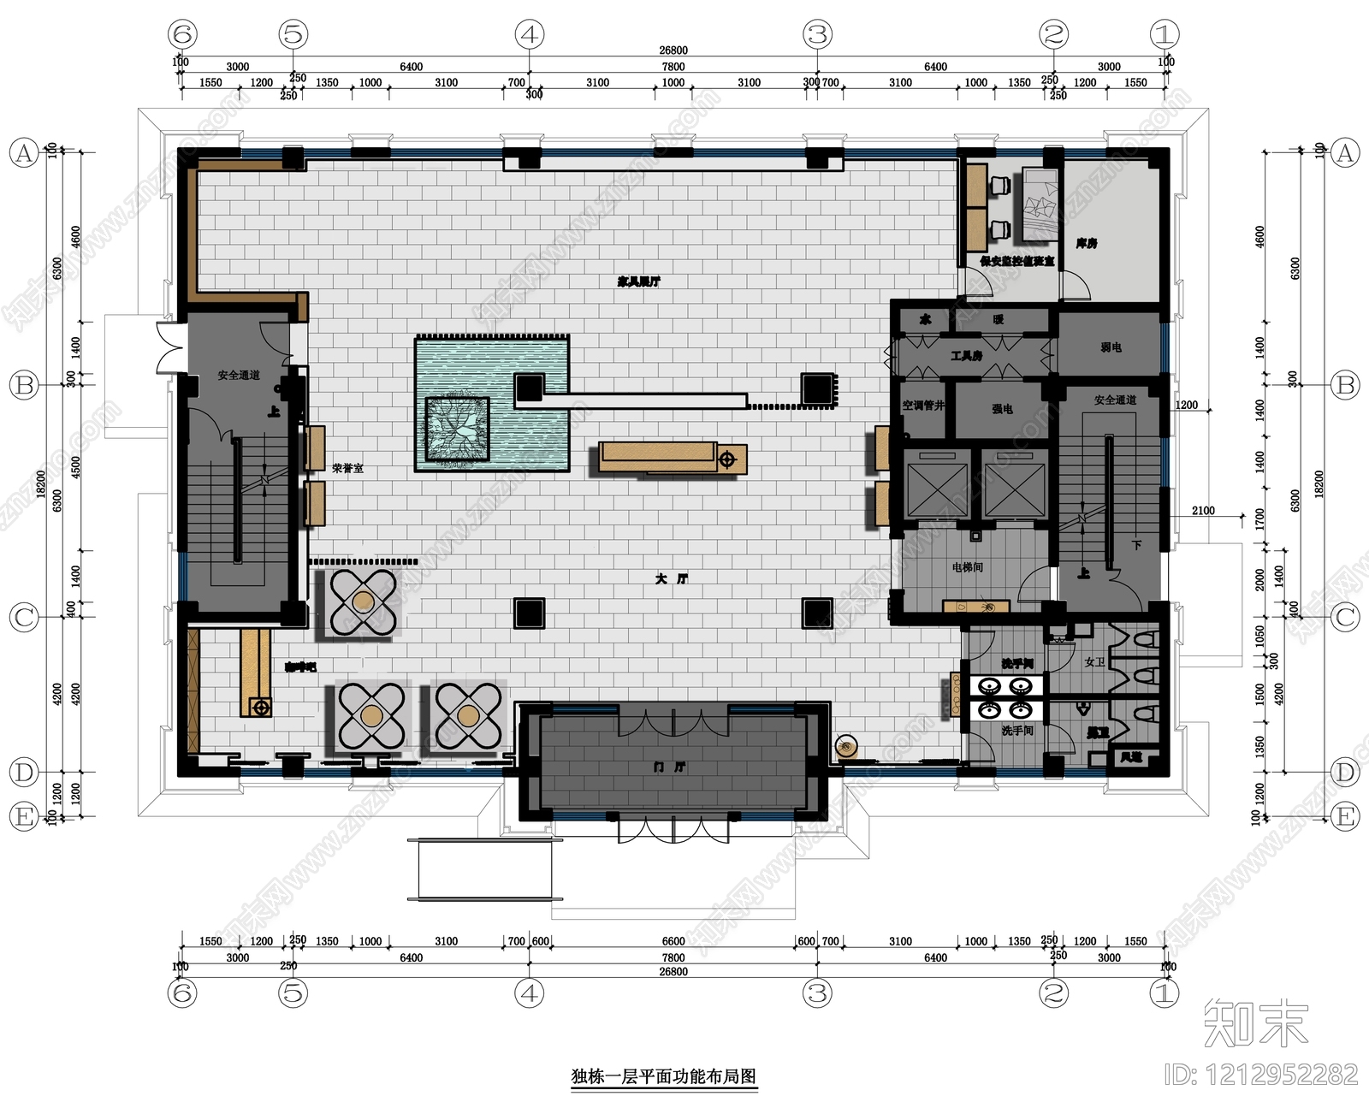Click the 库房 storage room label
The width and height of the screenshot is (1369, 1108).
(x=1087, y=244)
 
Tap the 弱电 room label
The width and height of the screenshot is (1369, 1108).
(x=1111, y=347)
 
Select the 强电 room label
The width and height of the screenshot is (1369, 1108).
(x=1002, y=409)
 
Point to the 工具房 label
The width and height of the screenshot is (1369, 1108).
(x=966, y=356)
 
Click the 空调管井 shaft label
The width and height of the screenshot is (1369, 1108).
(x=923, y=406)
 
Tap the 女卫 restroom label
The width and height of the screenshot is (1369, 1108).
(x=1094, y=662)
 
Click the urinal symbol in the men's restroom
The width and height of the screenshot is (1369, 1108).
(x=1082, y=709)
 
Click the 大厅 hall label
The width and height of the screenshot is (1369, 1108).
(x=672, y=579)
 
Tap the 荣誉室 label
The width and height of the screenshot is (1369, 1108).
(x=348, y=469)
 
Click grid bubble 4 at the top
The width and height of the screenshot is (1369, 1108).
(x=530, y=35)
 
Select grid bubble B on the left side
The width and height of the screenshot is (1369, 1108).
(x=24, y=385)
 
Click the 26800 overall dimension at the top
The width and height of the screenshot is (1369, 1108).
(x=673, y=50)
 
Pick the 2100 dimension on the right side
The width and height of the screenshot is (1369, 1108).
(x=1203, y=511)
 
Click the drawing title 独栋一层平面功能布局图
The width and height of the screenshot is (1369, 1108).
(x=664, y=1076)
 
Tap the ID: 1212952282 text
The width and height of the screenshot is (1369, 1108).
(x=1261, y=1075)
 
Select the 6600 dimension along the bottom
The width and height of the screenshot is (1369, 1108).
(x=673, y=941)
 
